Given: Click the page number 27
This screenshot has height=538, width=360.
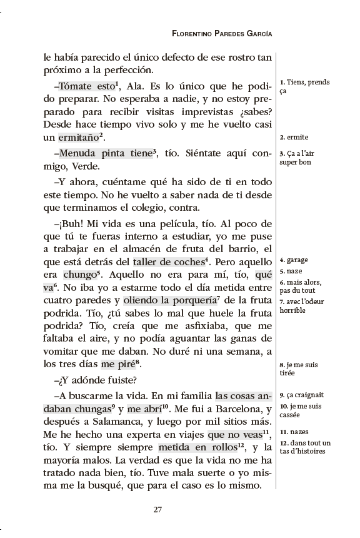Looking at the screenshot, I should (x=158, y=509).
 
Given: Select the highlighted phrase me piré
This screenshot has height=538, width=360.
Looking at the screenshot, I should (x=117, y=364).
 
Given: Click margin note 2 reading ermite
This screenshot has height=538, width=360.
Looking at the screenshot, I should (x=294, y=137).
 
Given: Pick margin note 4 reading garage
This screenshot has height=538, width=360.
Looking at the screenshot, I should (x=294, y=260).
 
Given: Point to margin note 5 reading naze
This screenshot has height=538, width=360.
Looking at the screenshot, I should (x=291, y=272).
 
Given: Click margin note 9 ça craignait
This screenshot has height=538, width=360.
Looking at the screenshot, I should (x=302, y=395).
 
